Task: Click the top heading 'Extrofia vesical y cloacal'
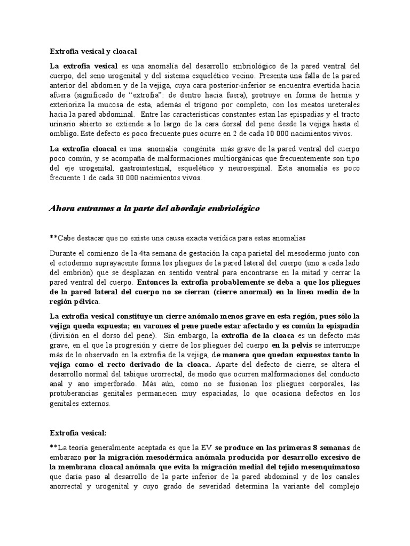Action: coord(93,52)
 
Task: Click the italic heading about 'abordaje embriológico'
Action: coord(154,208)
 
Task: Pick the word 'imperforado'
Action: coord(114,384)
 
